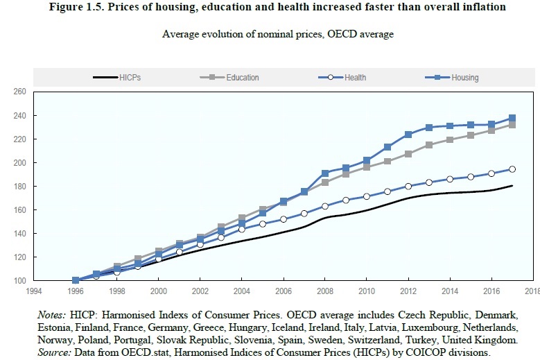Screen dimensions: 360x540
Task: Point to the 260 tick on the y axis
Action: tap(19, 92)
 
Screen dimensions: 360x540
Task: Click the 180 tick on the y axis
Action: tap(19, 186)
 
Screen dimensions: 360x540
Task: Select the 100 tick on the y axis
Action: tap(19, 280)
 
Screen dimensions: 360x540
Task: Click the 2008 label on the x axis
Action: tap(324, 292)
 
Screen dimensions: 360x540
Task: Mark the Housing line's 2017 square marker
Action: tap(512, 118)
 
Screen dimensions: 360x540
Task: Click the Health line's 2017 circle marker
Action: tap(512, 169)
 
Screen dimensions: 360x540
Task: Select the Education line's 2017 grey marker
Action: tap(512, 125)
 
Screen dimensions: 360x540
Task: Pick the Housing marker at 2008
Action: tap(324, 173)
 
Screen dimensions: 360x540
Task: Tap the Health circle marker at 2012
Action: tap(408, 186)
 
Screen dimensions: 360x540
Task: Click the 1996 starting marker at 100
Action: tap(76, 280)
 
